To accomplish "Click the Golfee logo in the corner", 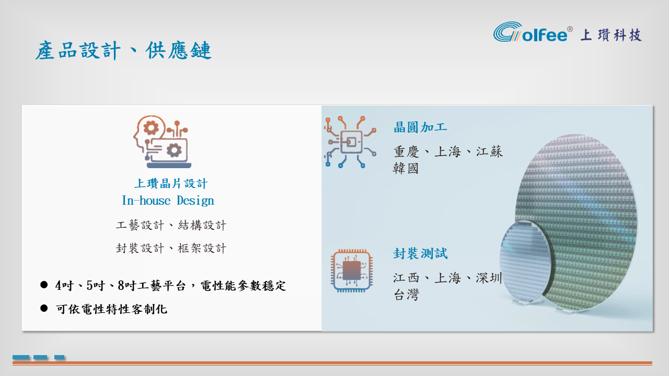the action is (x=533, y=32).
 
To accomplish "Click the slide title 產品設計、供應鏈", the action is (x=123, y=51).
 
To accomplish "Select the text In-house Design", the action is (x=168, y=201).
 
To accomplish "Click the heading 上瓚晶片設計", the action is (x=170, y=183).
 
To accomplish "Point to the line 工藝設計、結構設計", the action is (x=171, y=225).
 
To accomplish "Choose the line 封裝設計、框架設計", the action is (x=171, y=248).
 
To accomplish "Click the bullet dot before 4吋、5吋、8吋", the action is (x=44, y=285).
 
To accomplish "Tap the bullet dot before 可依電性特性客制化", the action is (x=44, y=308).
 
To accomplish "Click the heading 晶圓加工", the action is (x=420, y=127).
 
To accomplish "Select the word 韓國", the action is (x=406, y=169).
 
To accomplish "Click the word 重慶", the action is (x=406, y=151).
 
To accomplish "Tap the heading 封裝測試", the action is (x=421, y=254).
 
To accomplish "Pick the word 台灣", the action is (x=406, y=295).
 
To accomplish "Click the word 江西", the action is (x=406, y=278).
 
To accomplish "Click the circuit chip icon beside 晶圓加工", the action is (x=350, y=142).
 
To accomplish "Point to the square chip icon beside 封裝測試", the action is (x=352, y=271).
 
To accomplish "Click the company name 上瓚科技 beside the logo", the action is (x=611, y=35).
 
